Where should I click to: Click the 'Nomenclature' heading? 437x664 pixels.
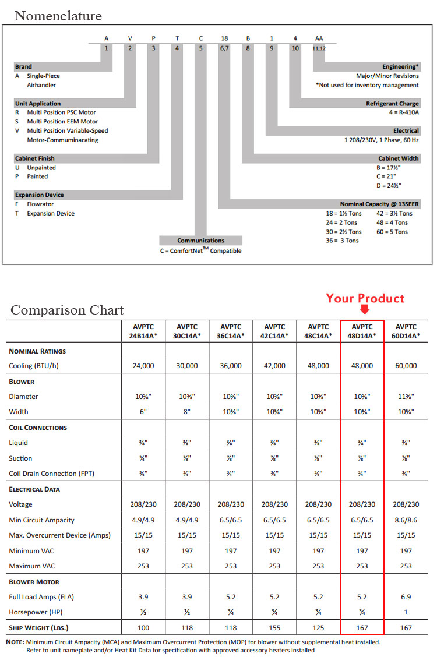[58, 16]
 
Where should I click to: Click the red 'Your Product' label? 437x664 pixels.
[365, 298]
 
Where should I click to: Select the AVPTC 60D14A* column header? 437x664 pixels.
[406, 331]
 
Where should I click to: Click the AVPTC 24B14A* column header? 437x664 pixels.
[143, 331]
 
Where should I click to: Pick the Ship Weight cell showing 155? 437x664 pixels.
[274, 627]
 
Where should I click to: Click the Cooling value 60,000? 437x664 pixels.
[406, 366]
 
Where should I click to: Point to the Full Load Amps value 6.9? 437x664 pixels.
[406, 596]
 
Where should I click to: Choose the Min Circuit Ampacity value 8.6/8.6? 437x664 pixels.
[406, 520]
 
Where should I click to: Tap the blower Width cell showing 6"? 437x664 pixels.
[143, 412]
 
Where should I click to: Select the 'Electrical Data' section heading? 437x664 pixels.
[34, 489]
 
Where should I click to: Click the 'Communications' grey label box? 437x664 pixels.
[200, 241]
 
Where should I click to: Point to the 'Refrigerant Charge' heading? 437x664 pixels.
[393, 104]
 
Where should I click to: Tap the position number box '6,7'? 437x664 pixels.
[224, 48]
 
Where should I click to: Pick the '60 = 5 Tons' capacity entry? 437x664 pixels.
[392, 232]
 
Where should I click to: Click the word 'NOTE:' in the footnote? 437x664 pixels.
[15, 642]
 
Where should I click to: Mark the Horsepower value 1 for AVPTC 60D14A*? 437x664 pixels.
[406, 612]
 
